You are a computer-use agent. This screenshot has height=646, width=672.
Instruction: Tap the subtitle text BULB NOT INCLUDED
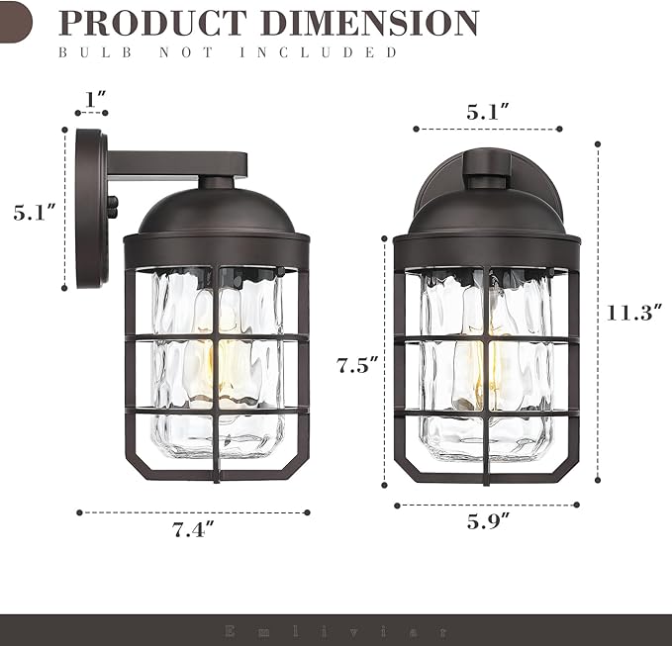(x=228, y=51)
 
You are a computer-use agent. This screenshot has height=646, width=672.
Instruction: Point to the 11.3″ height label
(x=633, y=313)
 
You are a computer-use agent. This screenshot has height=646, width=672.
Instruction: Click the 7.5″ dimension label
(x=357, y=366)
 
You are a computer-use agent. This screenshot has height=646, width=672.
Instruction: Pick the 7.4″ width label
(x=193, y=530)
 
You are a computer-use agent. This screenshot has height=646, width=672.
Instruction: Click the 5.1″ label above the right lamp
(x=488, y=112)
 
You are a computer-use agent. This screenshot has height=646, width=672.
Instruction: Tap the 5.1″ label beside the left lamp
(x=34, y=211)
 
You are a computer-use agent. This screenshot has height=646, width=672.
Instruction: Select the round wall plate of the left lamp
(x=90, y=208)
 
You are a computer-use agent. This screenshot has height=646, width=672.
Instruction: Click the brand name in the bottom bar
(x=336, y=630)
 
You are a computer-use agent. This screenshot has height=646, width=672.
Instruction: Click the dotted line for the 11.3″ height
(x=598, y=313)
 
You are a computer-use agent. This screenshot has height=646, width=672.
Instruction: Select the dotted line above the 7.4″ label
(x=193, y=512)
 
